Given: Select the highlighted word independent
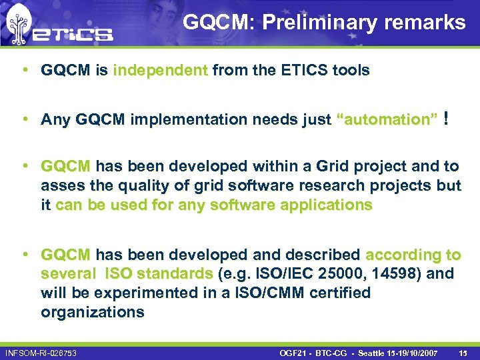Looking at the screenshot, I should (160, 71).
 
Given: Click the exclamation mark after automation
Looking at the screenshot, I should (445, 119).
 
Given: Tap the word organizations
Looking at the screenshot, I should (92, 313).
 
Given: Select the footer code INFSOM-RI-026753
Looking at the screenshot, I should (41, 352).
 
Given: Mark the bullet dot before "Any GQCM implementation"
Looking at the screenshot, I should (24, 119).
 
